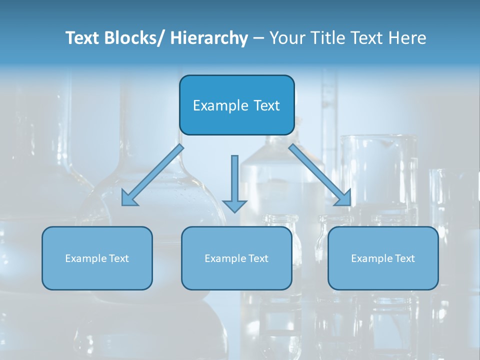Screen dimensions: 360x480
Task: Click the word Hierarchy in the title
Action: [208, 38]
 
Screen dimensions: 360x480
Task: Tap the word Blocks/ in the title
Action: [135, 38]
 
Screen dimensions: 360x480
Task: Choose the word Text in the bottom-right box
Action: [404, 258]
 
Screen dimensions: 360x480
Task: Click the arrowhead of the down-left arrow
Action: [129, 199]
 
